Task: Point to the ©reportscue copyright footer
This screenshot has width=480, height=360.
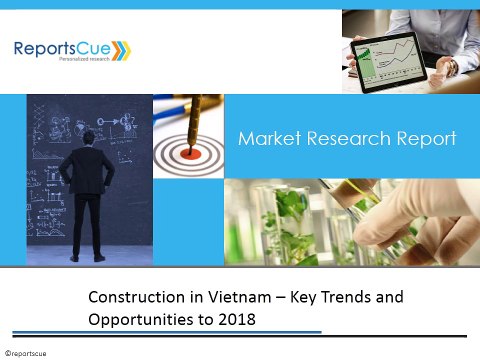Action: coord(27,352)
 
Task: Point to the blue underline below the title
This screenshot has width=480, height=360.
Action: coord(200,333)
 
